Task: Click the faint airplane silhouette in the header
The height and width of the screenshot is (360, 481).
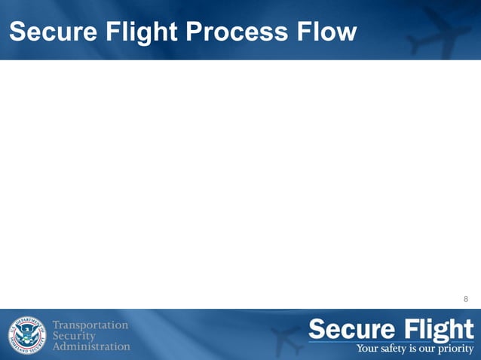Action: click(x=442, y=30)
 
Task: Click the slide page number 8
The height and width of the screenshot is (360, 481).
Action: click(x=466, y=299)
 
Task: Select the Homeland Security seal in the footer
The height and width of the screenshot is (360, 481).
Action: click(x=26, y=334)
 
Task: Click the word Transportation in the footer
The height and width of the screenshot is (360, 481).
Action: click(x=90, y=325)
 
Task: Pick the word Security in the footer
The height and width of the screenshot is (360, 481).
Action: click(x=74, y=335)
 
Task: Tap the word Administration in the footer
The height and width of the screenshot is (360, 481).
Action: click(x=91, y=346)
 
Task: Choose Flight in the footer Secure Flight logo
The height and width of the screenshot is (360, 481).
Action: click(x=438, y=330)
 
